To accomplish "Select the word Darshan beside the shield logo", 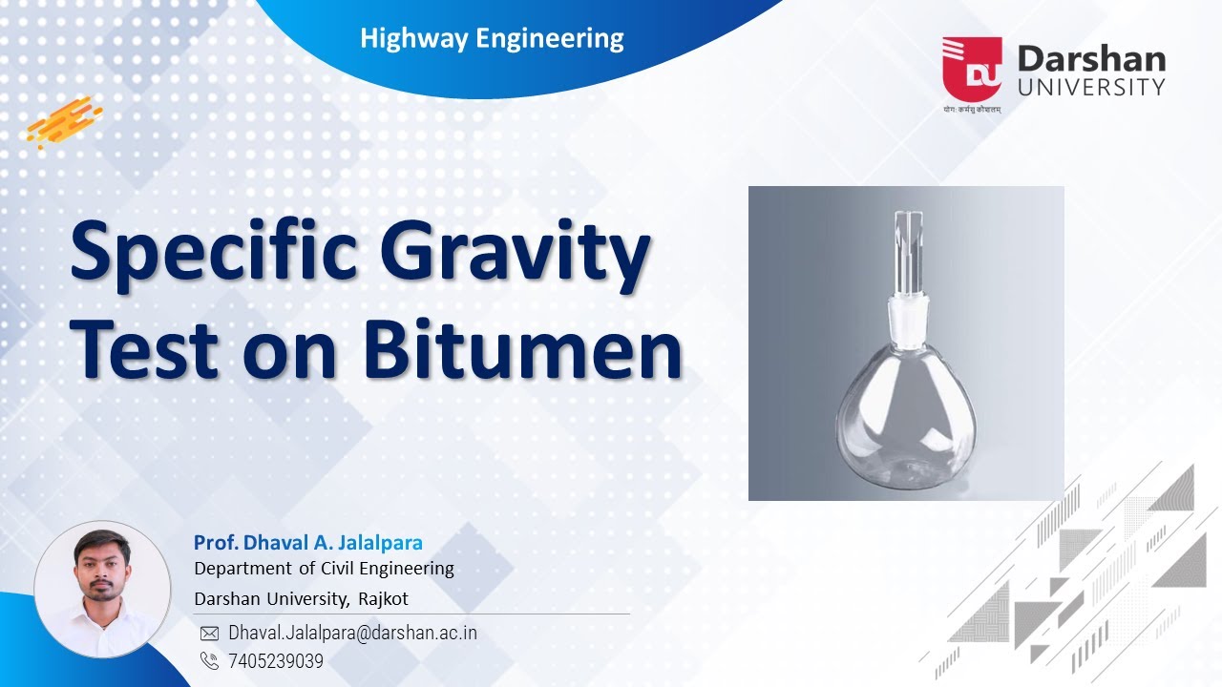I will click(x=1091, y=59).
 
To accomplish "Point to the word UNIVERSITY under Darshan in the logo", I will click(x=1091, y=87).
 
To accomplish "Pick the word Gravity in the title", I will click(x=516, y=256).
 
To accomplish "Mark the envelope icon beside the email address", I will click(x=209, y=634).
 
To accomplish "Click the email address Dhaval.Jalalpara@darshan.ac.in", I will click(x=352, y=633).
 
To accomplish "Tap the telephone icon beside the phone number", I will click(x=209, y=660).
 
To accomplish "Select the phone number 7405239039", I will click(x=276, y=660).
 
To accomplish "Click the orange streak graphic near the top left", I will click(x=64, y=121).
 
